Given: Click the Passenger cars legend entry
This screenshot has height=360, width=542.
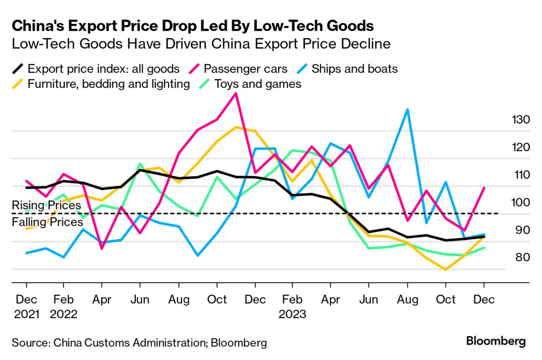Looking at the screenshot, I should (245, 69).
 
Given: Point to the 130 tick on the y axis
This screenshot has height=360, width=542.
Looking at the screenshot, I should (520, 119).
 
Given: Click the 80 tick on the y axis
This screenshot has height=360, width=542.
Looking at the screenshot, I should (520, 258).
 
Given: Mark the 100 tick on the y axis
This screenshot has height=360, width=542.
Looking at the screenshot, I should (520, 202).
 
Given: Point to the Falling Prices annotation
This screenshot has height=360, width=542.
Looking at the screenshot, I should (47, 222).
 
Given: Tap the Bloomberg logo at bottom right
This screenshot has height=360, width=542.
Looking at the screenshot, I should (496, 341).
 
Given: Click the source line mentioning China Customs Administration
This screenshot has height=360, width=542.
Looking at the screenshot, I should (139, 343).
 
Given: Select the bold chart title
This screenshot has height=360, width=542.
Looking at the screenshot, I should (193, 26).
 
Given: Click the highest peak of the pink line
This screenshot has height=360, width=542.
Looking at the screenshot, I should (236, 93).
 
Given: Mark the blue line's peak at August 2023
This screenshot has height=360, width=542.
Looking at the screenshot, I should (407, 109).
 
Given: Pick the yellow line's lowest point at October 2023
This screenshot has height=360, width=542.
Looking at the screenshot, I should (445, 269).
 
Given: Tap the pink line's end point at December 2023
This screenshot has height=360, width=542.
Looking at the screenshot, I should (484, 188).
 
